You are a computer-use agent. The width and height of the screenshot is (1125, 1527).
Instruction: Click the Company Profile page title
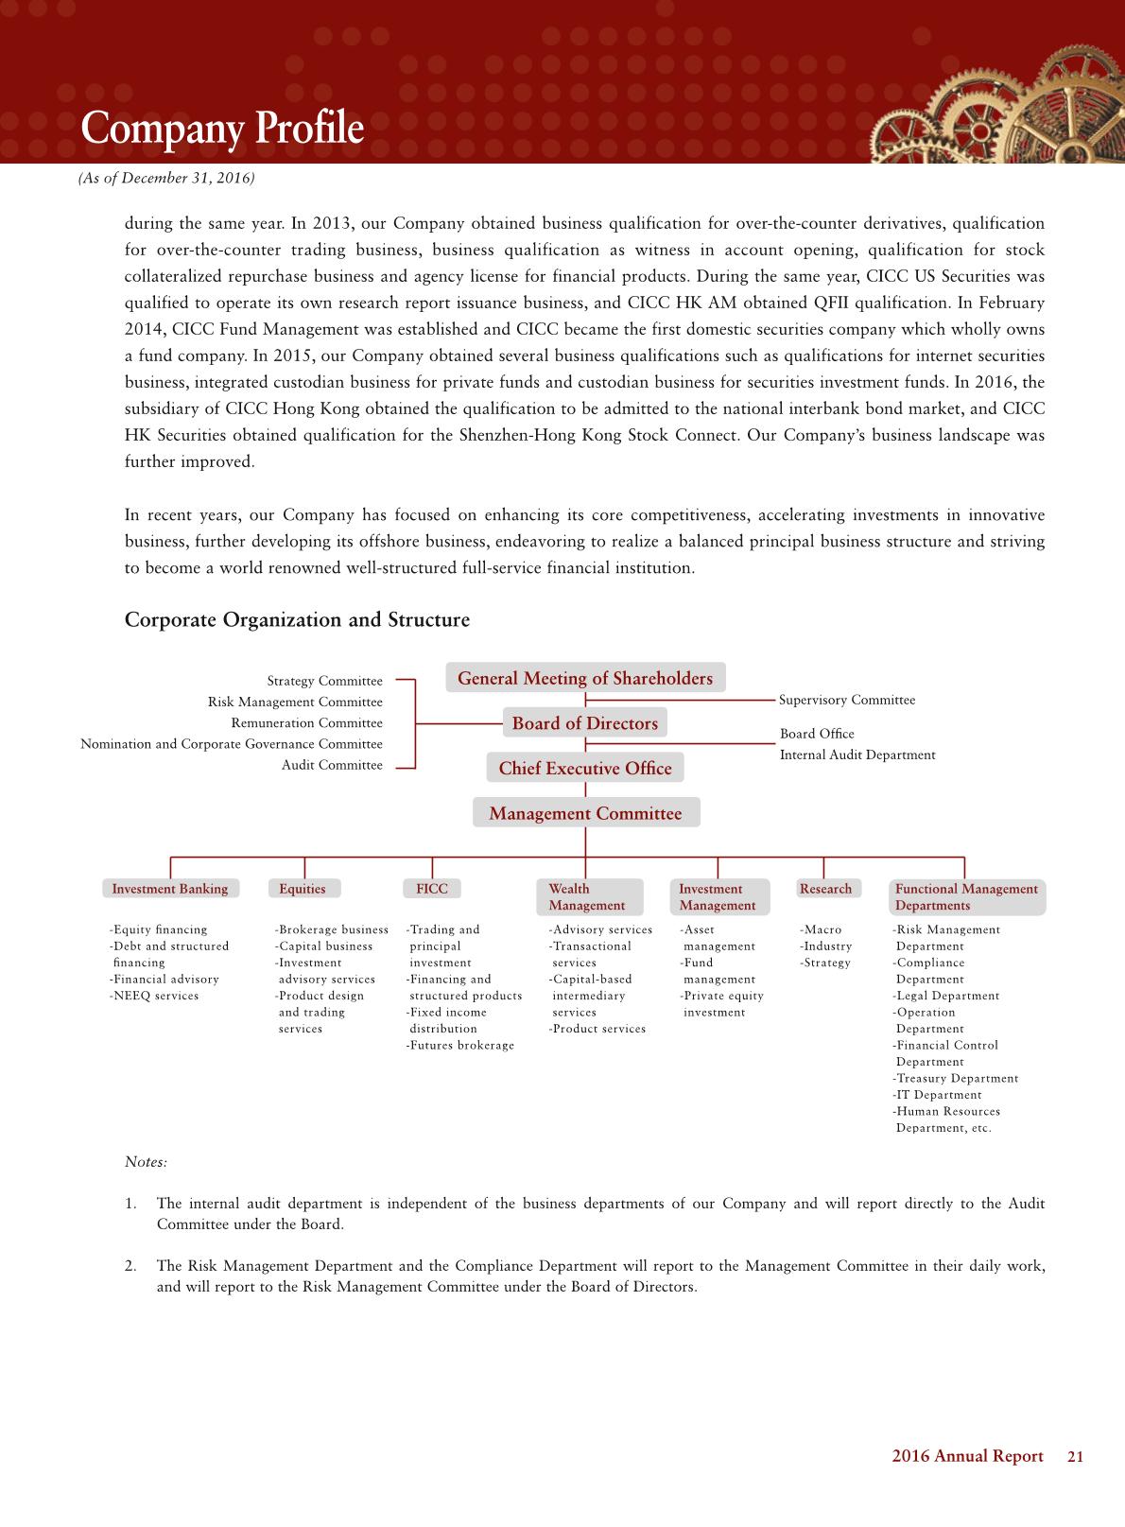(x=222, y=129)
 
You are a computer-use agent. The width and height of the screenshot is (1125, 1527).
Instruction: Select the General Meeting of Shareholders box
(x=585, y=678)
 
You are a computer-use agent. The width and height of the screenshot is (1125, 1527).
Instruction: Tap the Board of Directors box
(x=584, y=723)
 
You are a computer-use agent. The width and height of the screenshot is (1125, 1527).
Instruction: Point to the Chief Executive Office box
(x=585, y=768)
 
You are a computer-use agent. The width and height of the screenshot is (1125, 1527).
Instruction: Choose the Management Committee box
(x=585, y=813)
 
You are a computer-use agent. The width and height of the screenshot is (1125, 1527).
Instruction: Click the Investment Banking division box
(x=170, y=889)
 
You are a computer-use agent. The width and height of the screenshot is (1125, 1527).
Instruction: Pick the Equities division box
(x=303, y=889)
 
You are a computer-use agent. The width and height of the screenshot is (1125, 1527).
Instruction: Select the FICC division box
(x=432, y=889)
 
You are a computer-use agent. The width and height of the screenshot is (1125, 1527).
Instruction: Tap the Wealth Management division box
(x=588, y=897)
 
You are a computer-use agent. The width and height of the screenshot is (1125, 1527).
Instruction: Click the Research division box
(x=825, y=889)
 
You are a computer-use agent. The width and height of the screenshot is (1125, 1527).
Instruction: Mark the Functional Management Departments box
(x=966, y=897)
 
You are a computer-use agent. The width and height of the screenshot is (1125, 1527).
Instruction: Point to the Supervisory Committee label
(x=847, y=701)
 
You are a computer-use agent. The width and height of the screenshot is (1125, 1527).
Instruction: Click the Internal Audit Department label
(x=857, y=755)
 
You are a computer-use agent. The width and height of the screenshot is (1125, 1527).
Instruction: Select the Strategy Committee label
(x=324, y=682)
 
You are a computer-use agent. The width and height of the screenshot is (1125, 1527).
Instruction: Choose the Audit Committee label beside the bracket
(x=332, y=765)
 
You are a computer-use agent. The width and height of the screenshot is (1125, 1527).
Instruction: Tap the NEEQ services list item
(x=154, y=996)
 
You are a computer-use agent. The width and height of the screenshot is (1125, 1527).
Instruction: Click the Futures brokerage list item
(x=460, y=1046)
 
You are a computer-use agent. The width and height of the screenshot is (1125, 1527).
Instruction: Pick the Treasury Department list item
(x=956, y=1079)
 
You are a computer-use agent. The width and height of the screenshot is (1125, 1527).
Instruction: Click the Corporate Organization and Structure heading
(x=297, y=620)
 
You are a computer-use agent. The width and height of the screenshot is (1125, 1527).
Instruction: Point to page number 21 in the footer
(x=1075, y=1457)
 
